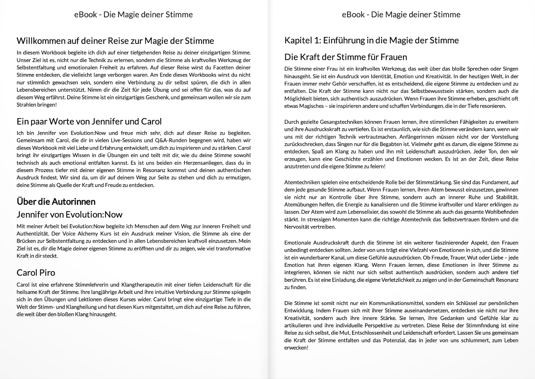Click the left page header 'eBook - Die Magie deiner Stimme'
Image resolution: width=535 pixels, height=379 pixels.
(133, 15)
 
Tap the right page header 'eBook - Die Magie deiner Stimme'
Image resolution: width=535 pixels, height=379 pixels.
(401, 15)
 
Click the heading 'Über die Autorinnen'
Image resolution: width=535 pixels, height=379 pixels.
(56, 201)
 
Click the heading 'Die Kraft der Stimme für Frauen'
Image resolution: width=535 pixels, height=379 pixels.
(345, 57)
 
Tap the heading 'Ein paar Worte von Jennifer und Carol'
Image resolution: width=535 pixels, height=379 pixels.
(89, 122)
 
